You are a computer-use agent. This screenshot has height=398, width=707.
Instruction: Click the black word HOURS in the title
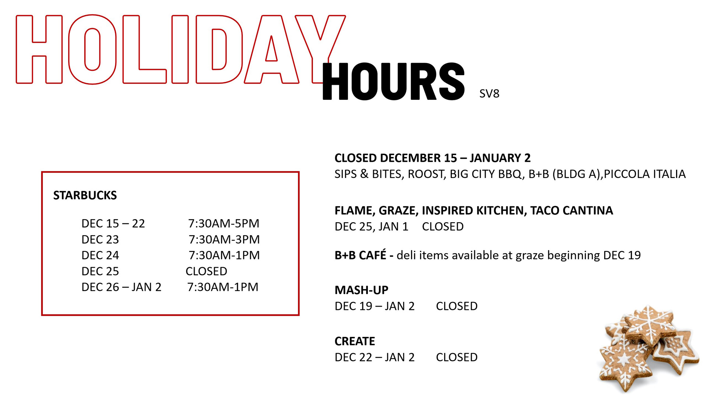click(x=393, y=81)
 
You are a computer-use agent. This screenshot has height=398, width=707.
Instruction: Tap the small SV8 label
click(x=489, y=94)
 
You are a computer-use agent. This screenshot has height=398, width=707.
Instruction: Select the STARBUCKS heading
click(x=85, y=195)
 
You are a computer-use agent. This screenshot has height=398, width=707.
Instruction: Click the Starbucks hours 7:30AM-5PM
click(x=224, y=223)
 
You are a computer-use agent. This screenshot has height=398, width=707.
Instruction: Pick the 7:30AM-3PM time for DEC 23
click(x=224, y=240)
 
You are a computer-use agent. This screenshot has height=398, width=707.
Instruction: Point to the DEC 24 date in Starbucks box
click(x=100, y=255)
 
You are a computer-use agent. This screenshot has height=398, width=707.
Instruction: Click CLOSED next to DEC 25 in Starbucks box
click(x=206, y=271)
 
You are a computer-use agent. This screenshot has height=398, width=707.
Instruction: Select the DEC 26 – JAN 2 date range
click(x=121, y=287)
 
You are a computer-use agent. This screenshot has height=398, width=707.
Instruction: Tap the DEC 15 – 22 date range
click(x=113, y=223)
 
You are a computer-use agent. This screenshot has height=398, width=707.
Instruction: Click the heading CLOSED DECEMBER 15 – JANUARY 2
click(x=432, y=158)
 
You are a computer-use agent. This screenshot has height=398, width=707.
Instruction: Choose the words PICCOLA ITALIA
click(x=645, y=174)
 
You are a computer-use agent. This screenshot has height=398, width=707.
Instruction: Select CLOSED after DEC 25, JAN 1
click(x=443, y=227)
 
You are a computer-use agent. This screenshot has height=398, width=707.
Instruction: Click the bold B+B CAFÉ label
click(x=360, y=255)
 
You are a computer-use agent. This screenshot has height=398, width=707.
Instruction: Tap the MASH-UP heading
click(x=361, y=290)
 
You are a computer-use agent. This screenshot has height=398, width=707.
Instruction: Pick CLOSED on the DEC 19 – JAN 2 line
click(x=457, y=306)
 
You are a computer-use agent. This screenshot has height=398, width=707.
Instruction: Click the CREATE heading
click(x=355, y=341)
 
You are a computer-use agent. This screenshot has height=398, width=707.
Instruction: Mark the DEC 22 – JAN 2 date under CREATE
click(x=374, y=357)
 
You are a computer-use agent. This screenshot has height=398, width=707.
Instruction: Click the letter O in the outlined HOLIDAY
click(x=92, y=50)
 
